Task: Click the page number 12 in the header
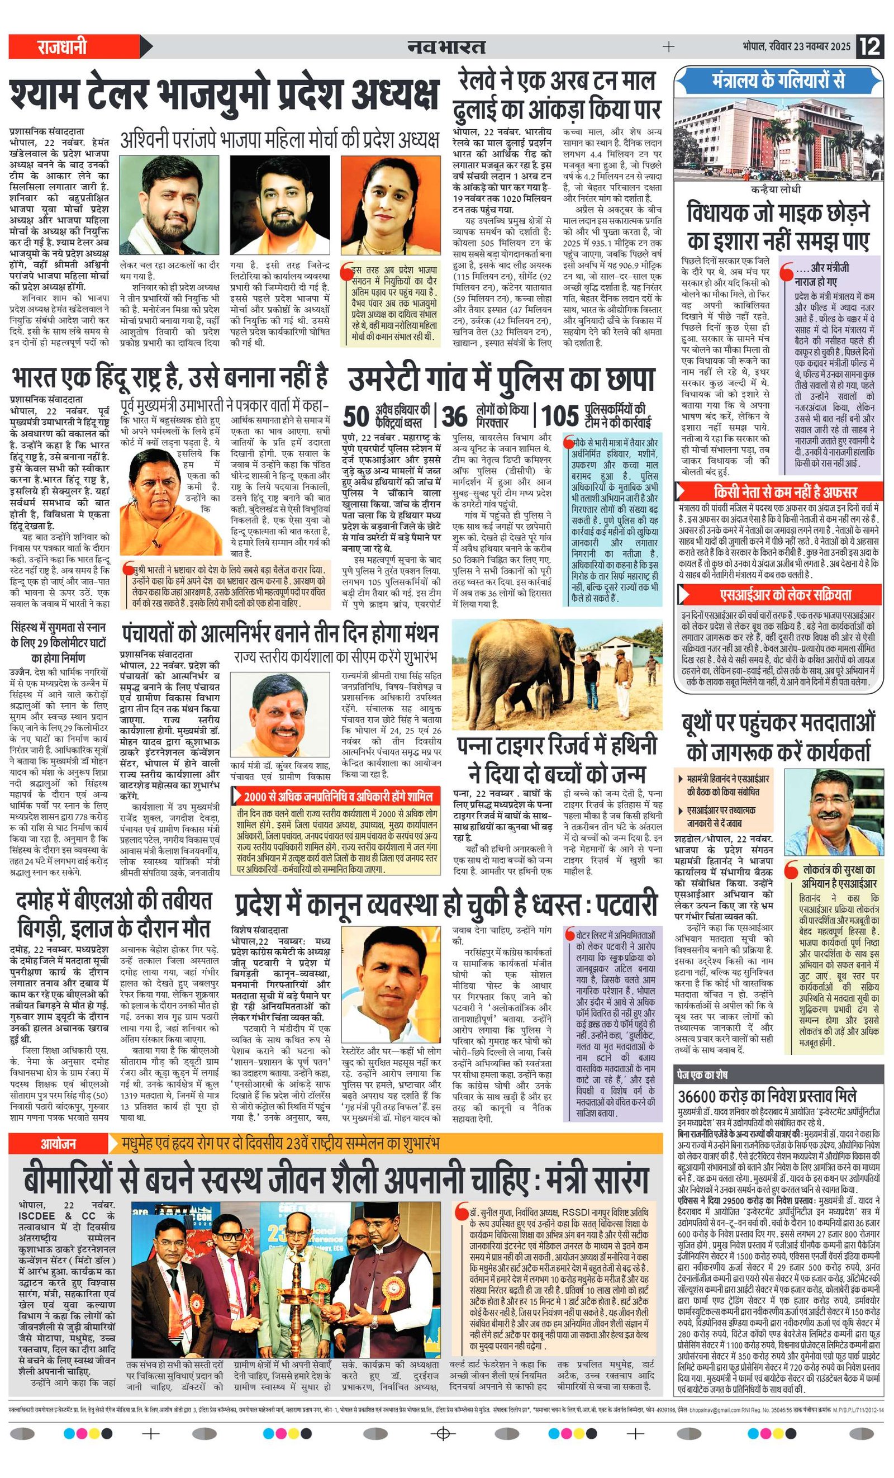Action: tap(869, 46)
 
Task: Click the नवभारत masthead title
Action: tap(446, 46)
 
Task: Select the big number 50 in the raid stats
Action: tap(356, 416)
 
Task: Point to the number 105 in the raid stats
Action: tap(560, 416)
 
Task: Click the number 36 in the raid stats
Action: tap(454, 416)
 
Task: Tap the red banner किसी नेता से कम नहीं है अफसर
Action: tap(779, 492)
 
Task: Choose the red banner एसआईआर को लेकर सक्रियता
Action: tap(779, 594)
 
